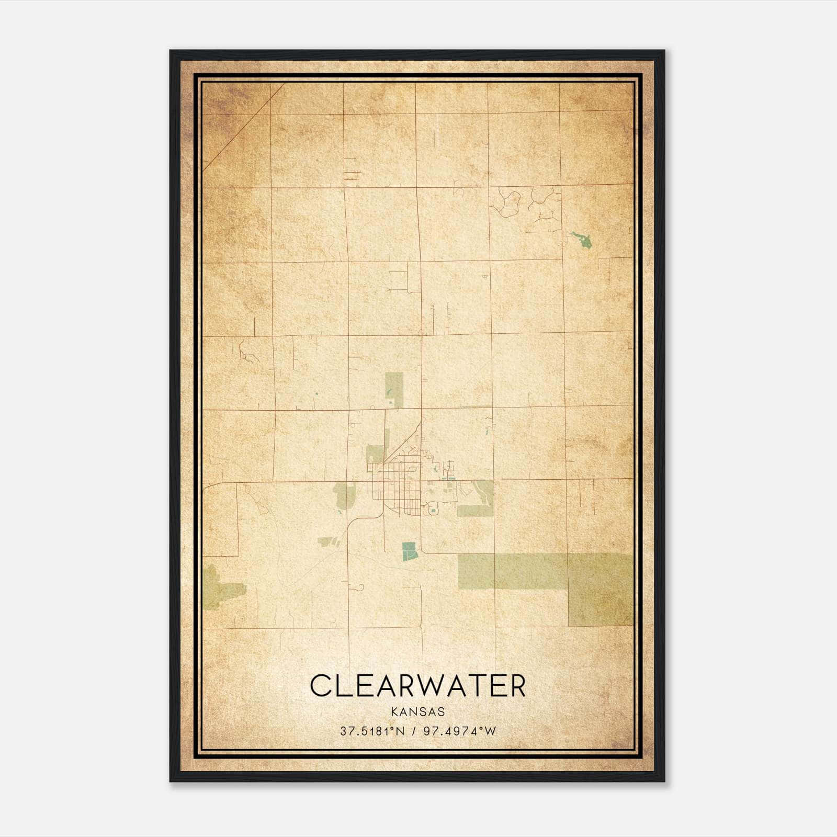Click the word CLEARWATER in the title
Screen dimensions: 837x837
pos(418,686)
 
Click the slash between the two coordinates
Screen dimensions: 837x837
pos(414,731)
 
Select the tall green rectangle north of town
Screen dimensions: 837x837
pos(394,389)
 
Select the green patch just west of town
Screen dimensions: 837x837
pos(344,494)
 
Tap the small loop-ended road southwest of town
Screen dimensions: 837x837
pos(360,588)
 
